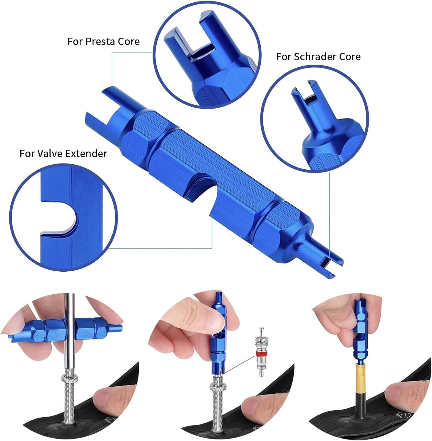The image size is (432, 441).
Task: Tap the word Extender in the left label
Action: point(86,153)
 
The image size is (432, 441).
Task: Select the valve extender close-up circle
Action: point(63,218)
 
